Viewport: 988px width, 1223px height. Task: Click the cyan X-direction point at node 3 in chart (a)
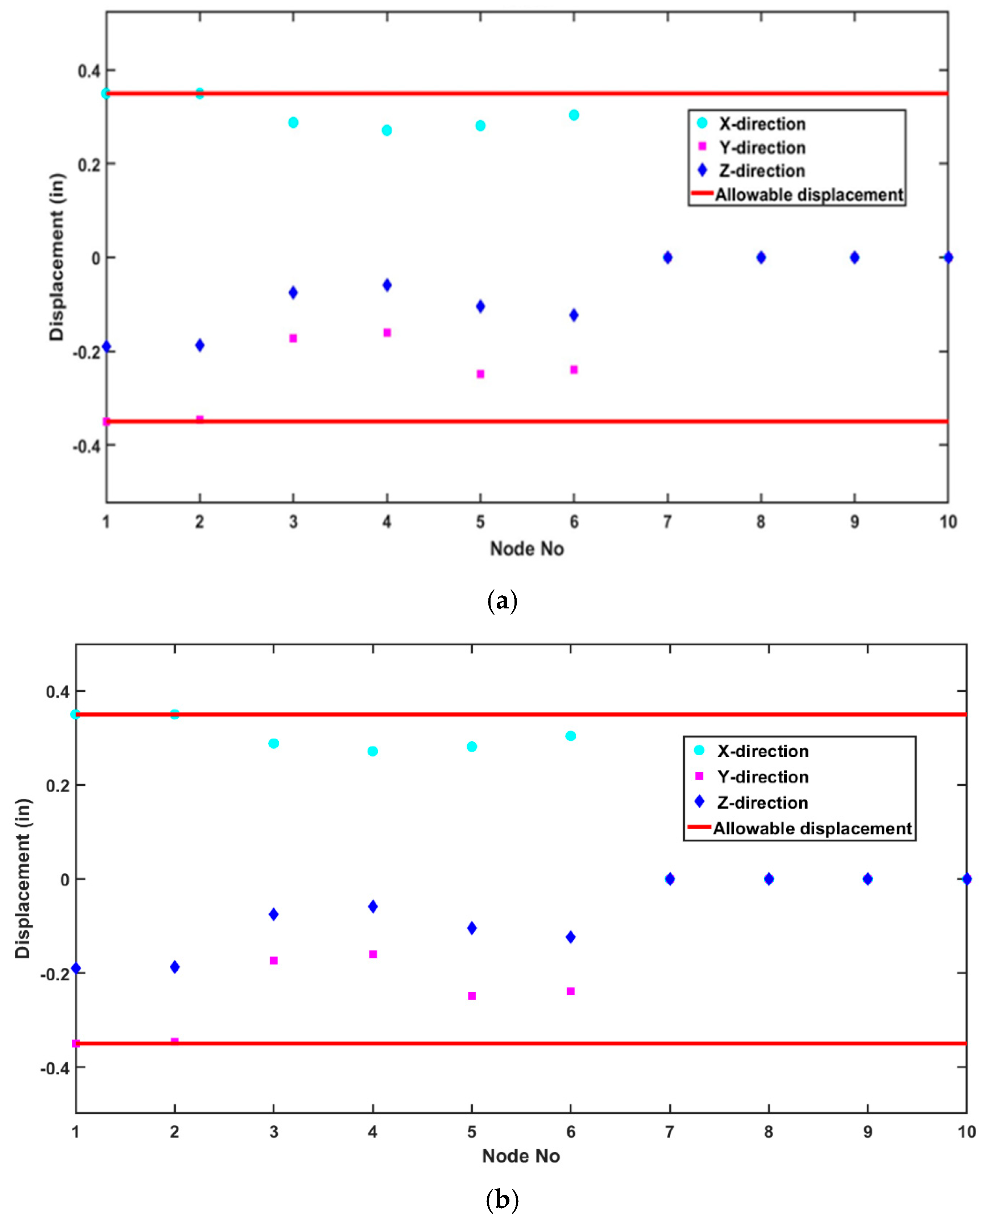click(x=293, y=122)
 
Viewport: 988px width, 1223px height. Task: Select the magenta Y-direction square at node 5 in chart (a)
click(x=480, y=374)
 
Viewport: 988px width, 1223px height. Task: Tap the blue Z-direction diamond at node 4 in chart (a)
click(x=387, y=285)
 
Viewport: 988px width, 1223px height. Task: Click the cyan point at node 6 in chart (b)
click(x=571, y=736)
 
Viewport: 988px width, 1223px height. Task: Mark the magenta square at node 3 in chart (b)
click(x=274, y=960)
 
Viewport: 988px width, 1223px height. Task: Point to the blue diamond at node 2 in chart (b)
click(x=175, y=967)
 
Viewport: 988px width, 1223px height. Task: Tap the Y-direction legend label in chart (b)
click(x=762, y=777)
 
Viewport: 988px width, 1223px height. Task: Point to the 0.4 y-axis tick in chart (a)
click(x=89, y=71)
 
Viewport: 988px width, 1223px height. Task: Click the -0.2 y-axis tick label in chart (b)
click(x=55, y=974)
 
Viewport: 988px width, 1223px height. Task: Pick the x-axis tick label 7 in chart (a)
click(x=667, y=522)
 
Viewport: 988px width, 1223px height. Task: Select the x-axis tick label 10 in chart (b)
click(x=966, y=1132)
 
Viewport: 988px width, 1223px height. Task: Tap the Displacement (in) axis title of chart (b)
click(x=23, y=879)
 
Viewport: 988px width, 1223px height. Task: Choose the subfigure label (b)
click(x=502, y=1200)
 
